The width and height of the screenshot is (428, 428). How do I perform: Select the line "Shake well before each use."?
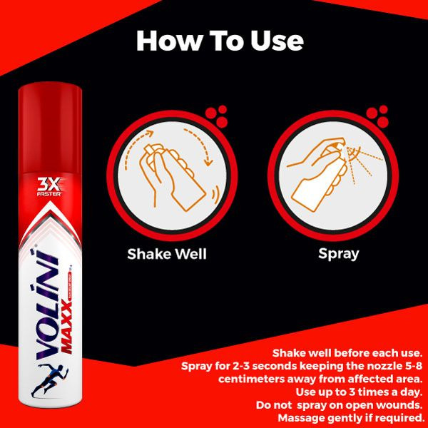click(x=348, y=353)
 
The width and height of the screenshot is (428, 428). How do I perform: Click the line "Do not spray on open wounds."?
click(x=340, y=404)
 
